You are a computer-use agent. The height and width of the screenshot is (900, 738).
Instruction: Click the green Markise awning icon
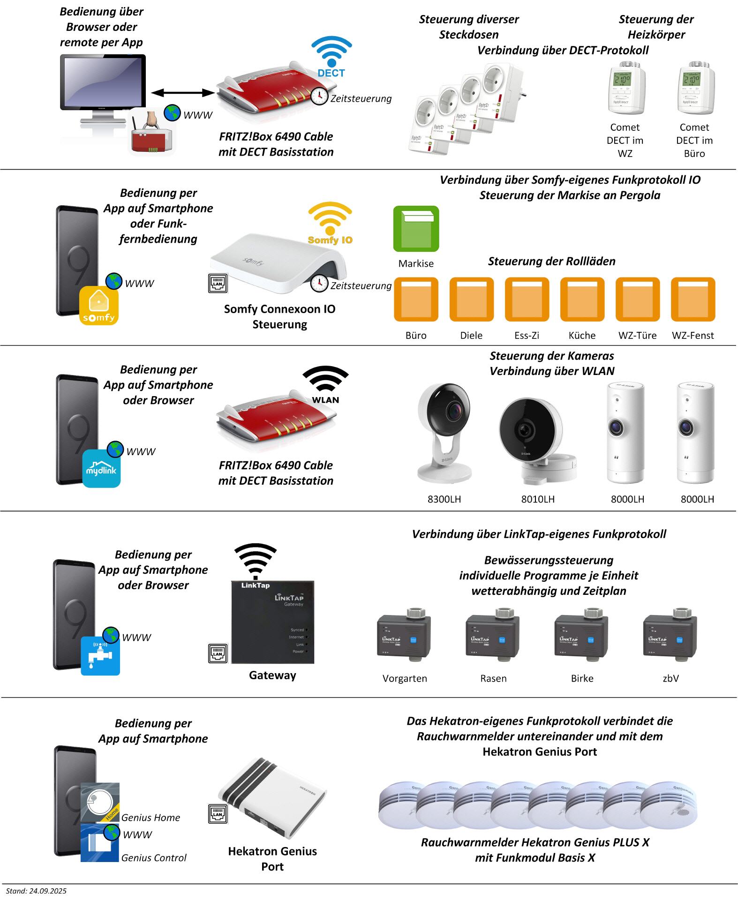click(x=416, y=229)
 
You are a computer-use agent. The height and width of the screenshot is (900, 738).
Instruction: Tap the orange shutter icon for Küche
click(x=582, y=299)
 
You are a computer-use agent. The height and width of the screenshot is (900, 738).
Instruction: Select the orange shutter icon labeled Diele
click(x=471, y=299)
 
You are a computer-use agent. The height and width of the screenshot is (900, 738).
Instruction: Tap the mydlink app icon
click(x=101, y=468)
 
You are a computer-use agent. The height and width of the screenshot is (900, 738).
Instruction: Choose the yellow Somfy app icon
click(x=98, y=306)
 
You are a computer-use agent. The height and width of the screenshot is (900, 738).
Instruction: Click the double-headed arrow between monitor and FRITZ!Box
click(x=183, y=92)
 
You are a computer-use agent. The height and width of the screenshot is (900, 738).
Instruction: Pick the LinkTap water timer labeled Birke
click(x=582, y=635)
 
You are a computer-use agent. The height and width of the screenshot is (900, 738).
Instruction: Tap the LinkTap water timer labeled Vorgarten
click(x=404, y=635)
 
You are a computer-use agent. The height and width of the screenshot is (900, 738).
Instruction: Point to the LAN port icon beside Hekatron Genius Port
click(x=218, y=814)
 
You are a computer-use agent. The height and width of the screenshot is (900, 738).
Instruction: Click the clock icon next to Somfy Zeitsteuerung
click(x=319, y=284)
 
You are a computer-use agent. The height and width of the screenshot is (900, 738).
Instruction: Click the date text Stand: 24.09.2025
click(x=36, y=891)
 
